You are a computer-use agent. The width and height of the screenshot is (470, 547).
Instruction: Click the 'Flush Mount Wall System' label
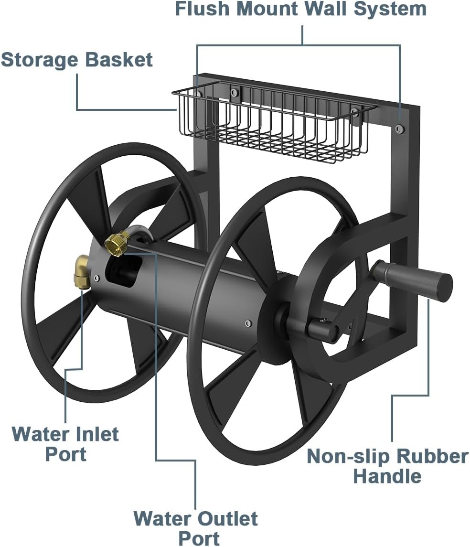click(x=300, y=9)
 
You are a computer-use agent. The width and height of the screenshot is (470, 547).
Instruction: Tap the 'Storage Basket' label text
click(x=77, y=60)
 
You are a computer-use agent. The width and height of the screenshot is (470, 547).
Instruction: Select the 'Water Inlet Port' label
click(x=65, y=444)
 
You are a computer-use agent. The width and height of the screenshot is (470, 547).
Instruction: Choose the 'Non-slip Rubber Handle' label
click(x=387, y=466)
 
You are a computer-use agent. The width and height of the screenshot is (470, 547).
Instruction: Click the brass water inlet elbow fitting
click(x=82, y=271)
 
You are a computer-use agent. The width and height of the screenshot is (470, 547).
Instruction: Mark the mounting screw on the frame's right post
click(x=399, y=128)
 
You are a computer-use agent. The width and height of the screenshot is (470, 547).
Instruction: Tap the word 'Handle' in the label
click(x=387, y=476)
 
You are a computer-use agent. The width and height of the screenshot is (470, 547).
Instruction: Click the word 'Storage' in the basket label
click(x=40, y=60)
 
